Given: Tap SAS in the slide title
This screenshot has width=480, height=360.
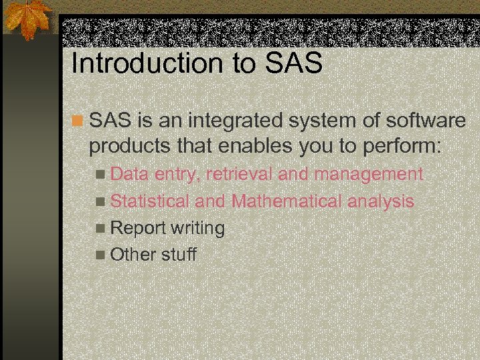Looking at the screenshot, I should [294, 64].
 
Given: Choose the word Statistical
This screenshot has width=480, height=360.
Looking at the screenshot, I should [149, 201].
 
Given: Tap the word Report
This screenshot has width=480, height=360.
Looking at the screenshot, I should [137, 229].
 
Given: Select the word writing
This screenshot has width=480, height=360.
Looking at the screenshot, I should [197, 229].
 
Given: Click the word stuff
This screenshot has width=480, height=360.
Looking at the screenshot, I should [179, 255].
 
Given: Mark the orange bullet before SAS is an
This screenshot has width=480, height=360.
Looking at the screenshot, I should [78, 121].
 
